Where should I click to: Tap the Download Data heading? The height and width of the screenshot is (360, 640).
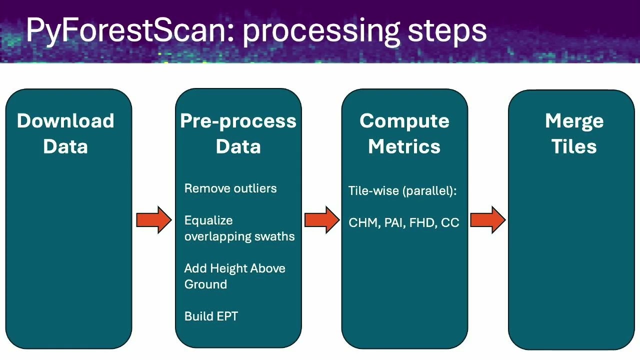point(65,133)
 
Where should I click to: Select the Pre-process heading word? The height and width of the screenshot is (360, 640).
point(238,121)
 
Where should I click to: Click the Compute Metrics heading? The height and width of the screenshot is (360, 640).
point(404,133)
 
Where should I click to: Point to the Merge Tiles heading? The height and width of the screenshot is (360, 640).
point(574,133)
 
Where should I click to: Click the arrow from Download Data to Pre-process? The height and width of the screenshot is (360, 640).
point(154,220)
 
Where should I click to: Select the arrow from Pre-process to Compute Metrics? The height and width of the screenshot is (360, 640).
point(322,220)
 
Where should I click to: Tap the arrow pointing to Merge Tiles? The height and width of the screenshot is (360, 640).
point(488,220)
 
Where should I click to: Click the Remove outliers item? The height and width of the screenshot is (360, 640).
point(230,188)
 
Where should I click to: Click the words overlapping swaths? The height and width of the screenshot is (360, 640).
point(239,236)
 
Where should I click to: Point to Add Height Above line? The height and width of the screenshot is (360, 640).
point(234,268)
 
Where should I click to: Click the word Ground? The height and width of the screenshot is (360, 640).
point(205,284)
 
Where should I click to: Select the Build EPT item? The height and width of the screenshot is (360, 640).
point(211,316)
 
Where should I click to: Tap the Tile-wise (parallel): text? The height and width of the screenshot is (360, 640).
point(402,191)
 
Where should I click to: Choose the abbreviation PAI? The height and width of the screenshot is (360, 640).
point(393,223)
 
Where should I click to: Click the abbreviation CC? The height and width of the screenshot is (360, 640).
point(450,223)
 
